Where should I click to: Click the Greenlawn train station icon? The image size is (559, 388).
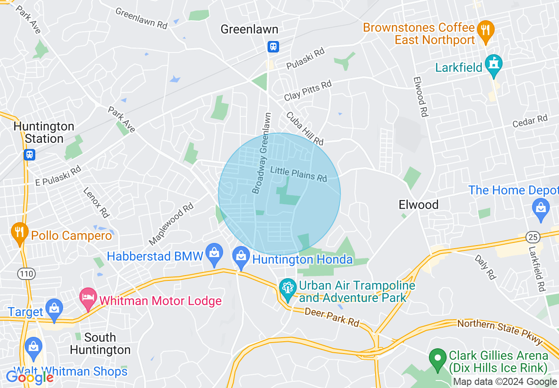[x=273, y=46]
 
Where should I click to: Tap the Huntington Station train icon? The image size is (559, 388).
[x=30, y=154]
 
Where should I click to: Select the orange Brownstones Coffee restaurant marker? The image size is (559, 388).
[x=485, y=31]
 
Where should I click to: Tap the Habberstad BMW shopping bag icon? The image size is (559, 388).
[x=214, y=254]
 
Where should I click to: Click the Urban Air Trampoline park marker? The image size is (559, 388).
[x=288, y=289]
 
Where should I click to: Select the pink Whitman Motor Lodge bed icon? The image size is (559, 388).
[x=88, y=298]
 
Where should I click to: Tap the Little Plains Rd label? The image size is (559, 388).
[x=298, y=173]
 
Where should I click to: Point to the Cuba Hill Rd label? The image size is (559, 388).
[x=305, y=128]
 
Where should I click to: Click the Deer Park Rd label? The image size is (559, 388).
[x=332, y=317]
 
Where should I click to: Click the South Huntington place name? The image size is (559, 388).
[x=100, y=343]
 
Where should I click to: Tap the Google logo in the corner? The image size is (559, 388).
[x=30, y=377]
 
